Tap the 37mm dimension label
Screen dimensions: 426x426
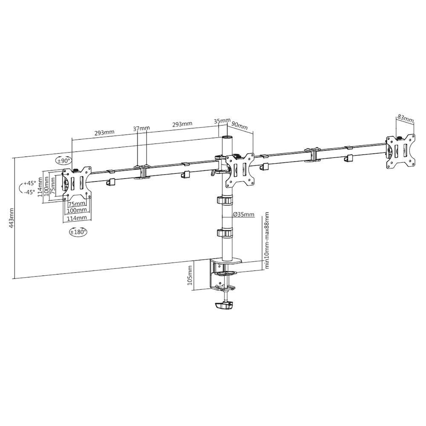(141, 128)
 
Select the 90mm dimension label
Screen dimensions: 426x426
(240, 126)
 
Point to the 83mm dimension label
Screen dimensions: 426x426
(405, 117)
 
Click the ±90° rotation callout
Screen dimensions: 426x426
(64, 161)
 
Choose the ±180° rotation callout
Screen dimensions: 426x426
(78, 232)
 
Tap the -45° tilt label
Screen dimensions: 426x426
(29, 192)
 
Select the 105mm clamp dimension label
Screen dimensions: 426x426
(190, 277)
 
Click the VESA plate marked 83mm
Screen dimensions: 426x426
(401, 151)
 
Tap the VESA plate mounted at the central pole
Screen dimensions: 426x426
(240, 169)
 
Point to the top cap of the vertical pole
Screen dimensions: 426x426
(227, 138)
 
